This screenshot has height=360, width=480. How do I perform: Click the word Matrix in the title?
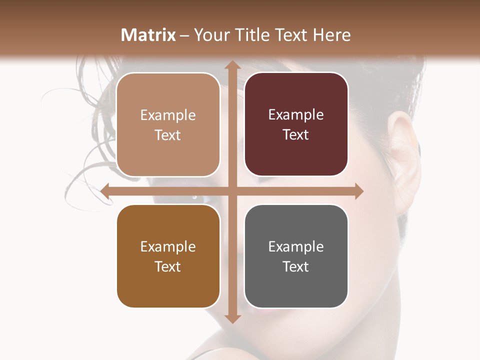(x=148, y=35)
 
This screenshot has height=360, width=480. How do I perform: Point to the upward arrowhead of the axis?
(x=231, y=65)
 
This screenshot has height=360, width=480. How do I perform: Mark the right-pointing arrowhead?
(x=358, y=191)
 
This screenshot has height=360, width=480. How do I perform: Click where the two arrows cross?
(x=231, y=191)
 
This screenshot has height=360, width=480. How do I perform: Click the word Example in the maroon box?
(x=296, y=115)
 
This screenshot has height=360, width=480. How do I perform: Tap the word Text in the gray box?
(x=296, y=266)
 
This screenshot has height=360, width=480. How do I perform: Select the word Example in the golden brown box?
(x=168, y=246)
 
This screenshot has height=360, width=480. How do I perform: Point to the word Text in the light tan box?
(x=168, y=135)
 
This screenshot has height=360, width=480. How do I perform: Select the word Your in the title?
(x=210, y=35)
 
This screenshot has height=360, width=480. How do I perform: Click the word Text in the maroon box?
(x=296, y=135)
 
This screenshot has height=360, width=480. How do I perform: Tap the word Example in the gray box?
(x=296, y=246)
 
